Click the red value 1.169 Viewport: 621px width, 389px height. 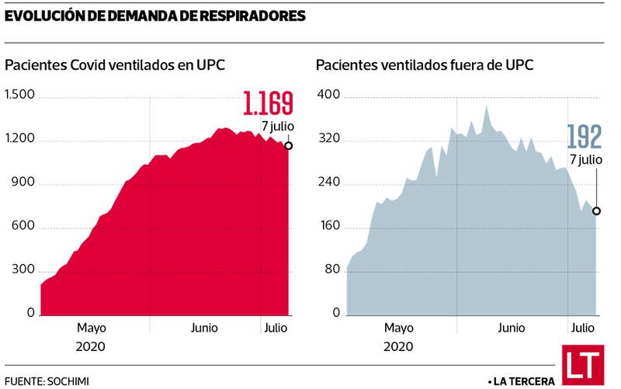click(268, 104)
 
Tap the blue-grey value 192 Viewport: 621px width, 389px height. click(584, 137)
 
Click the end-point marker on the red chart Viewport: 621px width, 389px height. click(289, 146)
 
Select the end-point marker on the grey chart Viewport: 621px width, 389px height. click(597, 210)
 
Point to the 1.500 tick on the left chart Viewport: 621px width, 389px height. click(20, 96)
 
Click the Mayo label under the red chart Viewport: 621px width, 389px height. click(92, 328)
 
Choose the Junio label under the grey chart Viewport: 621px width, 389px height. click(512, 328)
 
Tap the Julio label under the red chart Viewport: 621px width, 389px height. click(273, 328)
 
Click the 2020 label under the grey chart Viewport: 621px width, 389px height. click(398, 346)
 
